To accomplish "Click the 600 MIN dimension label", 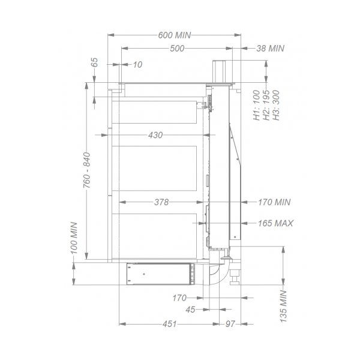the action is click(x=175, y=35).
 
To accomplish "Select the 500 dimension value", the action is click(x=177, y=49).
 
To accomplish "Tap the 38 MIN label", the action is click(x=270, y=49).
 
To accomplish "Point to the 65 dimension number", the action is click(x=94, y=62).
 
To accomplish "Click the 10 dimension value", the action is click(x=138, y=65).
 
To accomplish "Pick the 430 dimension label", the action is click(x=155, y=135).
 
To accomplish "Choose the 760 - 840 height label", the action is click(x=87, y=170).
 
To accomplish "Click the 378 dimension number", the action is click(x=161, y=202).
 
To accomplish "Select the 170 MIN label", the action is click(x=274, y=202).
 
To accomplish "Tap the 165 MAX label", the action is click(x=275, y=223).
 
